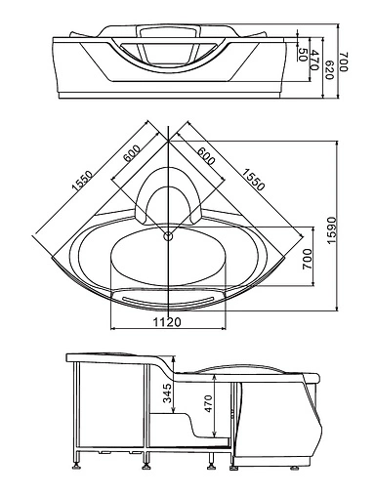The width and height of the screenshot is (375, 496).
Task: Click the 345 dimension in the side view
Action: tap(167, 393)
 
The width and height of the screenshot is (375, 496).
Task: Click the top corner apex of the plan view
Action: tap(169, 123)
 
